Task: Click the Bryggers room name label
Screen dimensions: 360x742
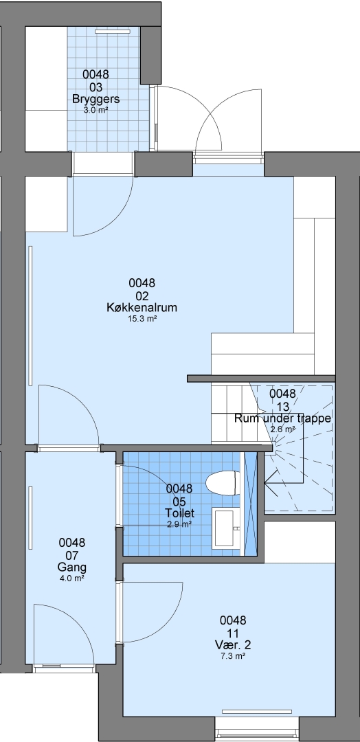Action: pyautogui.click(x=95, y=100)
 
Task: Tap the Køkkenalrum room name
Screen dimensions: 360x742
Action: pyautogui.click(x=142, y=308)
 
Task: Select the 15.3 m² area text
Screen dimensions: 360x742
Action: pyautogui.click(x=142, y=319)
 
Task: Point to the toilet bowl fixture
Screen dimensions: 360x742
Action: pyautogui.click(x=221, y=482)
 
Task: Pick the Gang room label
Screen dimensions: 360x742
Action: pyautogui.click(x=72, y=567)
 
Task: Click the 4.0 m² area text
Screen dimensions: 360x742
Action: pyautogui.click(x=72, y=578)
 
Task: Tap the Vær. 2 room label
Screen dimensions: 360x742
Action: pyautogui.click(x=233, y=645)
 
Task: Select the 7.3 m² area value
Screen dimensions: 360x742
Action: pyautogui.click(x=233, y=656)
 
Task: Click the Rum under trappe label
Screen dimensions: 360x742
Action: pyautogui.click(x=282, y=418)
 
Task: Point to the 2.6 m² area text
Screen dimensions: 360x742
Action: pyautogui.click(x=283, y=429)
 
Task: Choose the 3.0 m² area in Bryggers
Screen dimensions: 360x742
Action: pyautogui.click(x=95, y=110)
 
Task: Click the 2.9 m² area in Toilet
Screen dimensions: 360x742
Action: pyautogui.click(x=179, y=524)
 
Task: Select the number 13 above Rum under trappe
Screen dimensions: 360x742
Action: pyautogui.click(x=282, y=406)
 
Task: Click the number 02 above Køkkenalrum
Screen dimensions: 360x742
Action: pyautogui.click(x=142, y=295)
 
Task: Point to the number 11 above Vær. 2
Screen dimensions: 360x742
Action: pyautogui.click(x=233, y=633)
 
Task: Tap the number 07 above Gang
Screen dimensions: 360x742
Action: pyautogui.click(x=72, y=555)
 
